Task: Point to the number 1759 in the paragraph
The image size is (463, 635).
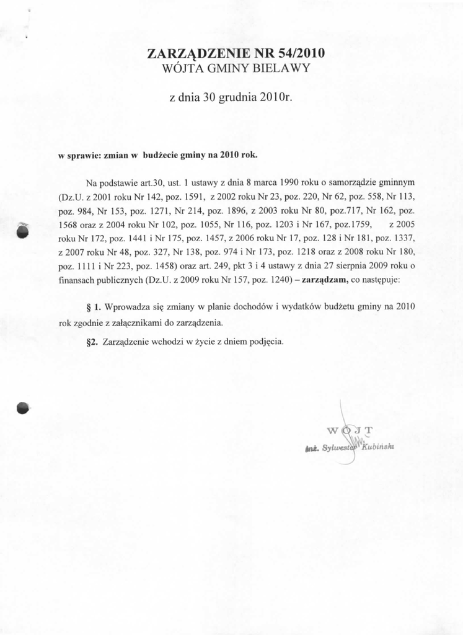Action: tap(358, 225)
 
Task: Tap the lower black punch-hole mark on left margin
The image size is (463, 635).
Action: tap(22, 407)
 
